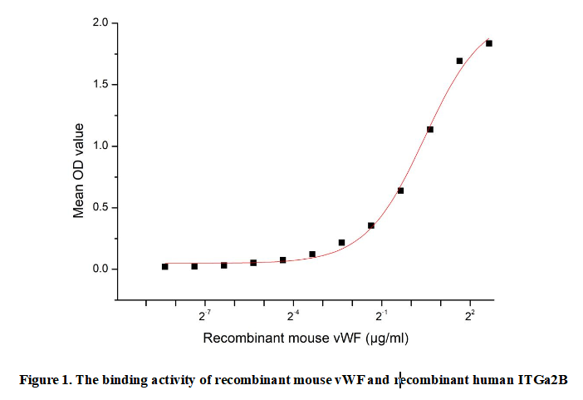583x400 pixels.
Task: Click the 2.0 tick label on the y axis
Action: (x=100, y=23)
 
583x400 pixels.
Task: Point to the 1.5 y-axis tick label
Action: (x=100, y=85)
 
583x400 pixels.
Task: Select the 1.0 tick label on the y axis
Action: (x=100, y=146)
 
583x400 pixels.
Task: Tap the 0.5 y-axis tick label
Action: (x=100, y=208)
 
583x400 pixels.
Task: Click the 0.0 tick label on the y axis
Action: (x=100, y=269)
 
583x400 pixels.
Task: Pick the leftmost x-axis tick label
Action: (x=204, y=316)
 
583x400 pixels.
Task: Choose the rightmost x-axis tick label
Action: (x=470, y=316)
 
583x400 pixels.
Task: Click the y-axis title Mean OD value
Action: (x=79, y=170)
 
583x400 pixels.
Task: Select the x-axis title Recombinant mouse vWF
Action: (x=279, y=338)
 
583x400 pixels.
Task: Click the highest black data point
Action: (x=489, y=43)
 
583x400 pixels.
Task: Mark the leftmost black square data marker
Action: (x=164, y=266)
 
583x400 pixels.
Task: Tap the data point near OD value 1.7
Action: (x=459, y=61)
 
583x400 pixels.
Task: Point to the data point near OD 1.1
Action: (x=430, y=129)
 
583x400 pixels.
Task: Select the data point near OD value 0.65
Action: (x=400, y=190)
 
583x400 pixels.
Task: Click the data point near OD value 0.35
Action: (x=371, y=225)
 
